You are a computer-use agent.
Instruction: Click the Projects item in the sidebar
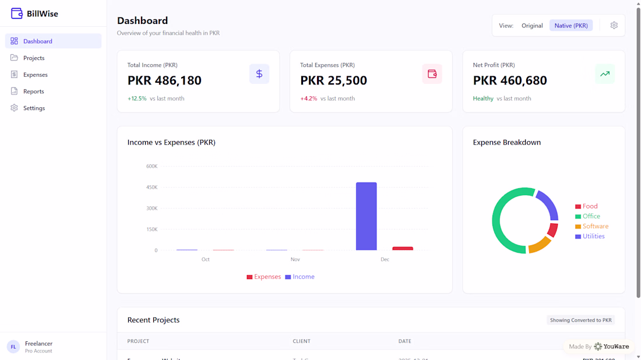pos(34,58)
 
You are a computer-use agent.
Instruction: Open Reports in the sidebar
pos(33,91)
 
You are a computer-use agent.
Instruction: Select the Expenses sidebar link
pos(35,75)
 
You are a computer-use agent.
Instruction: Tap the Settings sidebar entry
pos(34,108)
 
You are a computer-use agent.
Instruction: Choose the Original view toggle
pos(532,26)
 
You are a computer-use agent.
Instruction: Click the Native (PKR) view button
pos(571,26)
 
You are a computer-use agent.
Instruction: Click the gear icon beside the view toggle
pos(614,26)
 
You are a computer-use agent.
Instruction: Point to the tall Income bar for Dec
pos(366,216)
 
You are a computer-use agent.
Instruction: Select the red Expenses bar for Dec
pos(403,248)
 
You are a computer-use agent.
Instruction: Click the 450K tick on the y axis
pos(152,188)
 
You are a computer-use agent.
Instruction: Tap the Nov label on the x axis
pos(295,259)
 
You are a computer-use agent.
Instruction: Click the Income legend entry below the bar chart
pos(300,277)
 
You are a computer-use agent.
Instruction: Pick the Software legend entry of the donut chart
pos(591,227)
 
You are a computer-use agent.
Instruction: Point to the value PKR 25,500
pos(333,80)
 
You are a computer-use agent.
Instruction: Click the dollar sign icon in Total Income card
pos(259,74)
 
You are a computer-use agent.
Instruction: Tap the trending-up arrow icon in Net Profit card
pos(605,74)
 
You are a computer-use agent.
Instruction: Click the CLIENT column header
pos(301,341)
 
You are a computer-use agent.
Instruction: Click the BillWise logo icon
pos(17,13)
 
